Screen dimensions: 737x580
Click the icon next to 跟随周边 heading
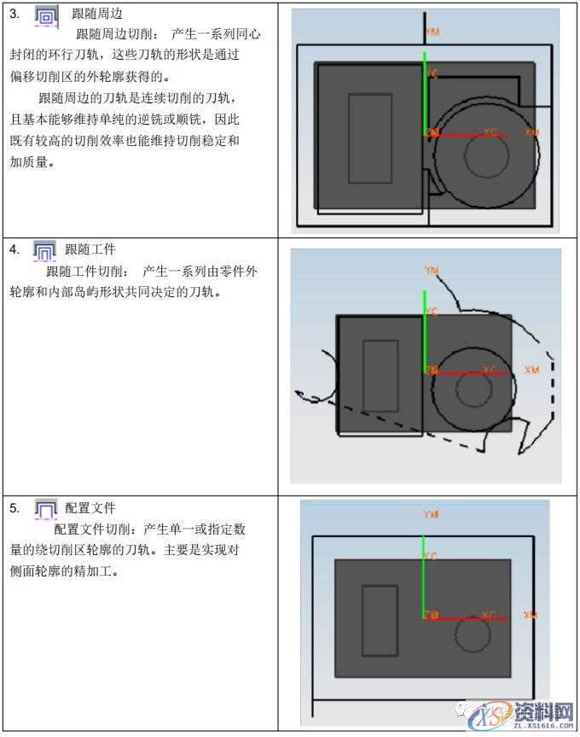(48, 15)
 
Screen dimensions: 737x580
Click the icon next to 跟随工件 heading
(43, 250)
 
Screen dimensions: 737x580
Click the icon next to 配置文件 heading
(44, 509)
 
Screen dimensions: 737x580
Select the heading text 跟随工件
(90, 249)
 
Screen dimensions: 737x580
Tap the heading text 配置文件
(90, 508)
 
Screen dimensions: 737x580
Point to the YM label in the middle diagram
(432, 271)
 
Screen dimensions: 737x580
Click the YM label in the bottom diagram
(431, 515)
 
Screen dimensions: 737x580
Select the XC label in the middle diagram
(489, 370)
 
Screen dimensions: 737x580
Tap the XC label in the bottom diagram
(488, 615)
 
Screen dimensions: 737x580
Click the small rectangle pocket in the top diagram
(370, 138)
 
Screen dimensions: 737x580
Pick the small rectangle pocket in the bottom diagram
(380, 620)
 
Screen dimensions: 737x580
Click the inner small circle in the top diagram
(483, 155)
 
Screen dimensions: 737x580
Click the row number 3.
(14, 14)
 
